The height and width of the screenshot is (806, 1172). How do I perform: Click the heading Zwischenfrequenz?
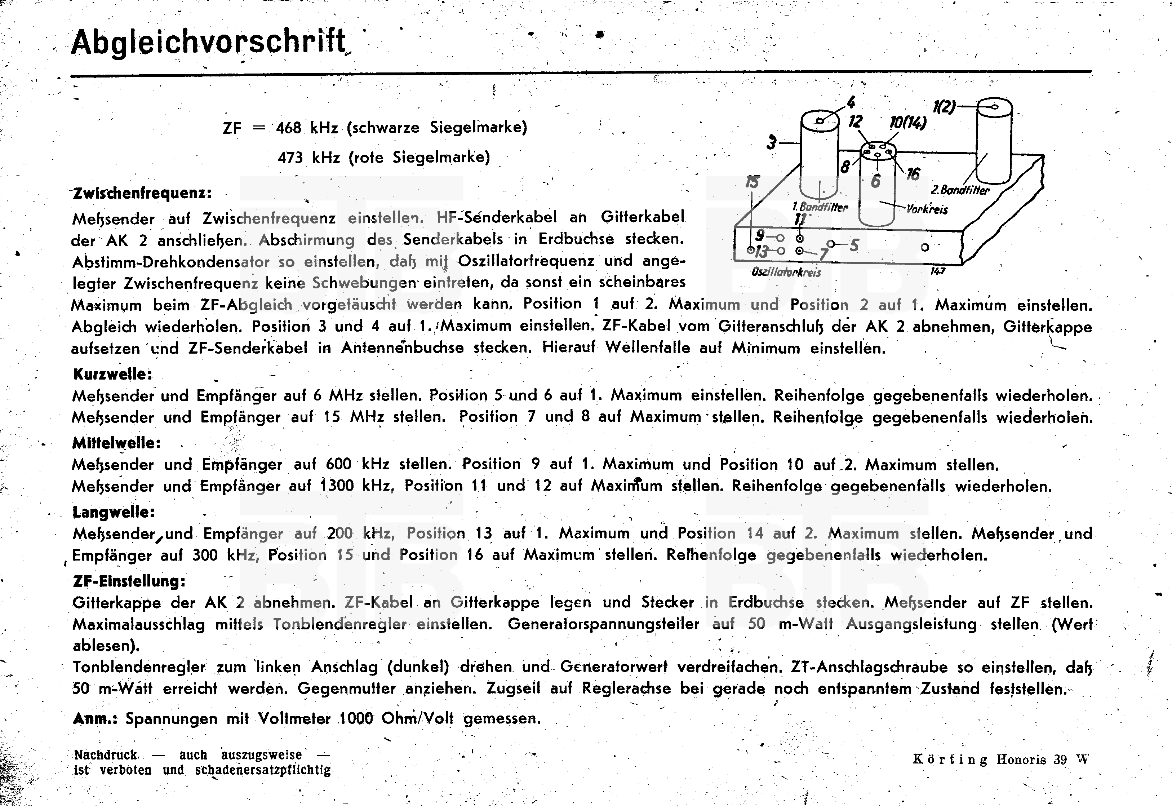(x=142, y=194)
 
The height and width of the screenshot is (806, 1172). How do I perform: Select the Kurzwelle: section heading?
(x=112, y=374)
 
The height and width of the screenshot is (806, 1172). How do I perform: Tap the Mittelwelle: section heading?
(x=116, y=443)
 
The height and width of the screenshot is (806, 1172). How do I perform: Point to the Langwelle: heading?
(x=114, y=512)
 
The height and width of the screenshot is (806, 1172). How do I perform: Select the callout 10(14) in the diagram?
(x=907, y=123)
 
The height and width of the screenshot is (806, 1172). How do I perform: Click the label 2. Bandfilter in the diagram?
(x=959, y=190)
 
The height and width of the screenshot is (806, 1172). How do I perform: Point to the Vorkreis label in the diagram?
(x=927, y=209)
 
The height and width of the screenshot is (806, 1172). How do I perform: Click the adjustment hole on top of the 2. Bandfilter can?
(x=994, y=107)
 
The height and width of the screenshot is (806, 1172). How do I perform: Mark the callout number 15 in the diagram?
(x=752, y=182)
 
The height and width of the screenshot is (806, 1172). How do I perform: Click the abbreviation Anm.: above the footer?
(x=95, y=719)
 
